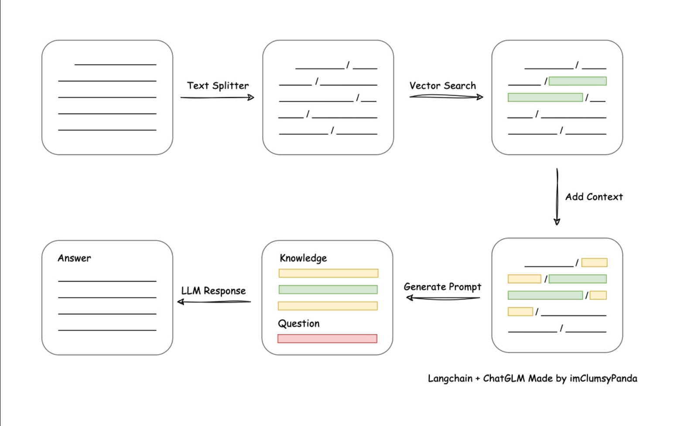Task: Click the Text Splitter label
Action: pos(218,85)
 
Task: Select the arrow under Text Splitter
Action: pos(218,98)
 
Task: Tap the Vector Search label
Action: pos(443,85)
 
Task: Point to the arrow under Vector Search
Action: pos(446,97)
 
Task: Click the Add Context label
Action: pos(594,197)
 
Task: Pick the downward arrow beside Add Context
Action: pos(557,197)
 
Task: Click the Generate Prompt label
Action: pos(442,287)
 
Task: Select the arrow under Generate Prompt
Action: pos(443,297)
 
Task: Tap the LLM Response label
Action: pos(213,290)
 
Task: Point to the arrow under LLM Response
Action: pos(214,302)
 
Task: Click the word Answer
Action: pos(74,258)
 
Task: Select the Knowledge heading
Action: pos(303,258)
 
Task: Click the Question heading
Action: pos(299,324)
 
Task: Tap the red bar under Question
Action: pos(327,339)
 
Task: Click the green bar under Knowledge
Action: pos(328,290)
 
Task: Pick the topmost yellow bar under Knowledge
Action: pos(328,273)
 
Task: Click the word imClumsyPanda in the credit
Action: pos(603,378)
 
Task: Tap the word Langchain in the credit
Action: pos(450,378)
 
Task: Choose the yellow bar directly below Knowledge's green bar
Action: pos(328,306)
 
